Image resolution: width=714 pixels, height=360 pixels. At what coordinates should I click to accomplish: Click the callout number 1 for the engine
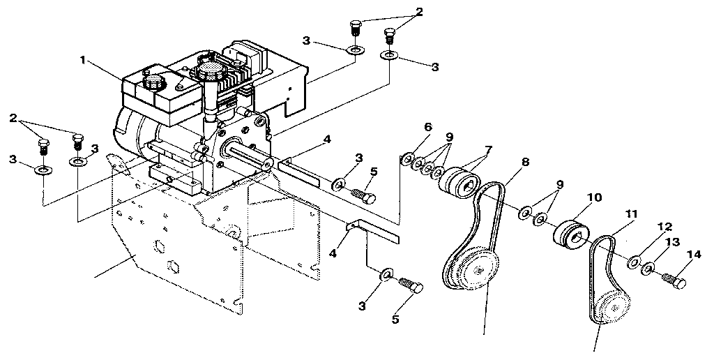(x=83, y=61)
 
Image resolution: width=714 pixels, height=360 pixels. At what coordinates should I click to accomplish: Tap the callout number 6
(x=428, y=127)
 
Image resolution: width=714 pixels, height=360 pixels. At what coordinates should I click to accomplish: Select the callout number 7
(x=487, y=149)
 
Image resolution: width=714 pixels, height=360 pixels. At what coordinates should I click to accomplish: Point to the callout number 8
(x=525, y=162)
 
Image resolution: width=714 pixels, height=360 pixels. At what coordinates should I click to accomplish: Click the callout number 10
(x=593, y=197)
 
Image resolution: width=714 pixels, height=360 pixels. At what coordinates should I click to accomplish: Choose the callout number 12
(x=664, y=227)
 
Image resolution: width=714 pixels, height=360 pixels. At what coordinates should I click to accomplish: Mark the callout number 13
(x=673, y=241)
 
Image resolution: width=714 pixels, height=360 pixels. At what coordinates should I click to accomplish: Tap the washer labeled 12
(x=635, y=262)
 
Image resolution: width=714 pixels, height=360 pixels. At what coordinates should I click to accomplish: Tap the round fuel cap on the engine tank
(x=152, y=81)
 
